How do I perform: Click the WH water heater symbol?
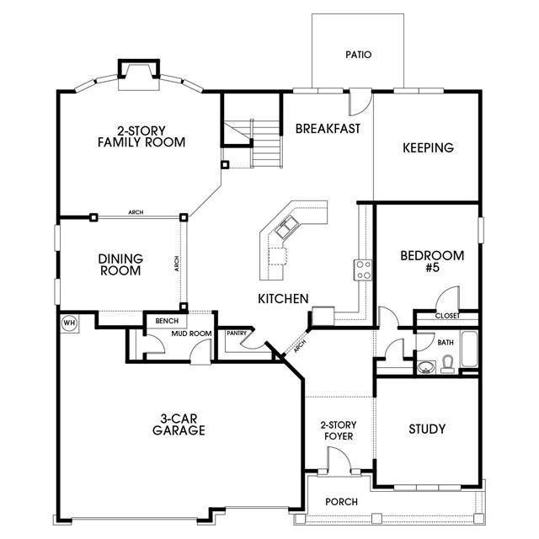tap(69, 323)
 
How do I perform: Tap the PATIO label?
tap(359, 55)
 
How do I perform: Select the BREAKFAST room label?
tap(328, 129)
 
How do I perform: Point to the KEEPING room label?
tap(428, 148)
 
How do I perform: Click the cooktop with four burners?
tap(363, 270)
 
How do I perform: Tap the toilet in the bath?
tap(447, 365)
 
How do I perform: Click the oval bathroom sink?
tap(426, 367)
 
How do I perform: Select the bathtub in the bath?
tap(469, 349)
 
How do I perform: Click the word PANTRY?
tap(237, 334)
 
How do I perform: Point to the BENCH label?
tap(167, 321)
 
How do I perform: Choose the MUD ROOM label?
tap(191, 334)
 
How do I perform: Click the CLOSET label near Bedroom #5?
tap(447, 316)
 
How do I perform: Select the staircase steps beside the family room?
tap(267, 143)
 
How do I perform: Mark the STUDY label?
tap(427, 429)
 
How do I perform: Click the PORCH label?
tap(341, 502)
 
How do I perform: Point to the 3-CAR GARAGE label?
tap(179, 424)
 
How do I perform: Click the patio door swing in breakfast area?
tap(360, 103)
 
